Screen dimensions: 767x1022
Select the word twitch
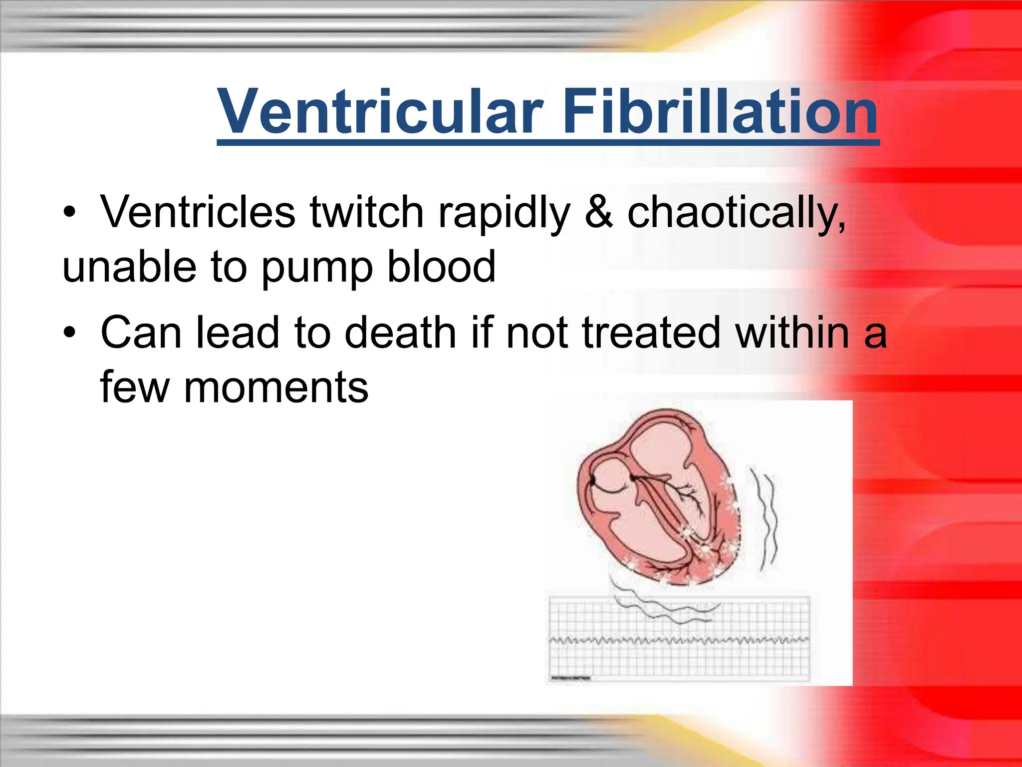coord(367,213)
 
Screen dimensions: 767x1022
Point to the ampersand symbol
coord(598,213)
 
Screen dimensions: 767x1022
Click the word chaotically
coord(736,213)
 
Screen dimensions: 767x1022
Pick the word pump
coord(317,268)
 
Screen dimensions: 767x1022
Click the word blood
coord(441,267)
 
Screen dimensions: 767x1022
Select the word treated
coord(651,333)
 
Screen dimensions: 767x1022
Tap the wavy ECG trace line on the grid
coord(679,640)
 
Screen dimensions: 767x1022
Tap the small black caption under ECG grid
coord(571,678)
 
